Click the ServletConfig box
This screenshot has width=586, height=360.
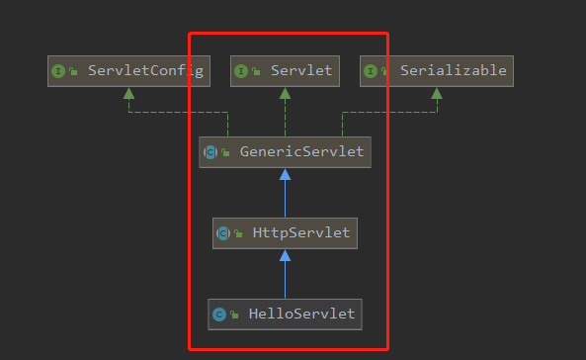click(128, 71)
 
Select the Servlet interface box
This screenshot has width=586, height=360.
click(285, 71)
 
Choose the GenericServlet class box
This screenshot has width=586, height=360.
click(285, 152)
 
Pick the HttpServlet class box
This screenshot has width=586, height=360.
click(285, 233)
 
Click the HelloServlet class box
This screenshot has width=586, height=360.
click(285, 315)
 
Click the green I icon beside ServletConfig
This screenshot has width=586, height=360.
click(59, 71)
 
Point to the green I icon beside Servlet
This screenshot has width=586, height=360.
click(243, 71)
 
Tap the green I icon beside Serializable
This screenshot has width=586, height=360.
click(372, 71)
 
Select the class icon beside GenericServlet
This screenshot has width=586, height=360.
click(209, 152)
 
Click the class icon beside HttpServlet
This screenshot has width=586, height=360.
click(223, 233)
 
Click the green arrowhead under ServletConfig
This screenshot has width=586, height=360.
click(128, 93)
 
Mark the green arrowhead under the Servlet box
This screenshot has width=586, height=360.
click(285, 93)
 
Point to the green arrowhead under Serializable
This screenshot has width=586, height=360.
click(437, 93)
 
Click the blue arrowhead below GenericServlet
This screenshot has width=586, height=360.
click(285, 175)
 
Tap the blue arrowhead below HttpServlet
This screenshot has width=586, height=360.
click(285, 256)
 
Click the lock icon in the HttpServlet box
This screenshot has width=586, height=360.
click(238, 234)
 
